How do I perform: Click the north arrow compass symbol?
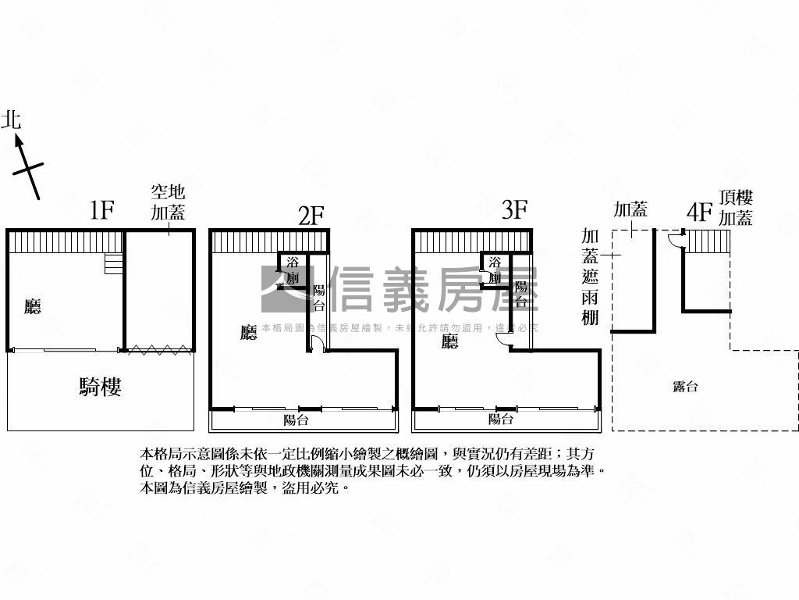27,165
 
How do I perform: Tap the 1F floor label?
102,210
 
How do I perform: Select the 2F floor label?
311,214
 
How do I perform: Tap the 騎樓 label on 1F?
100,386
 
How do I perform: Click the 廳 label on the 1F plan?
32,307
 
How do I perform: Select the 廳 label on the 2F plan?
249,334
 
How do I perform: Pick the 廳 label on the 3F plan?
450,341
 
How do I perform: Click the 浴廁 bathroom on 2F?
293,270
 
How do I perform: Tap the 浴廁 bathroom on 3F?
495,270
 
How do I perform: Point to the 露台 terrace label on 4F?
684,386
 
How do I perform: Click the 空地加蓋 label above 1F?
168,202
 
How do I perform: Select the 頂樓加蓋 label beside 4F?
736,208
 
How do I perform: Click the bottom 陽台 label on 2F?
297,420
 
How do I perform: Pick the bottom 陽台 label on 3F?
500,420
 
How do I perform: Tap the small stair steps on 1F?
114,263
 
